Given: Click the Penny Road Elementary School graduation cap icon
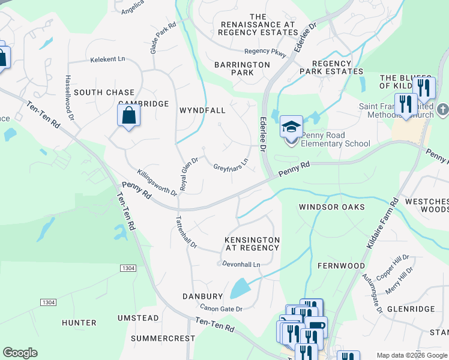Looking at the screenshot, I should point(291,127).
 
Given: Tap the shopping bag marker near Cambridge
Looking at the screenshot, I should point(129,115).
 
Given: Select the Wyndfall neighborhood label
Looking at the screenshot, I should point(202,110).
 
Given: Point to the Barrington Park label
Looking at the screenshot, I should point(243,68).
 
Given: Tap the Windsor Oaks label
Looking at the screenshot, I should point(332,207).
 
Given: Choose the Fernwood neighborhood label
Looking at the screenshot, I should point(342,265).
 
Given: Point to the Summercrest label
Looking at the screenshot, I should point(163,338).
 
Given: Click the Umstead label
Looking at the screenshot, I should point(139,317).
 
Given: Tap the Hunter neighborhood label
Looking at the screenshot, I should point(79,323).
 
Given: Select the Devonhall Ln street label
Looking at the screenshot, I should point(241,264).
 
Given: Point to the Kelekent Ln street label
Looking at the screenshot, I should point(107,59).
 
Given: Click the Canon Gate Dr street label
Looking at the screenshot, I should point(221,308).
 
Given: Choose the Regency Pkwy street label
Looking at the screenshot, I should point(265,52).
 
